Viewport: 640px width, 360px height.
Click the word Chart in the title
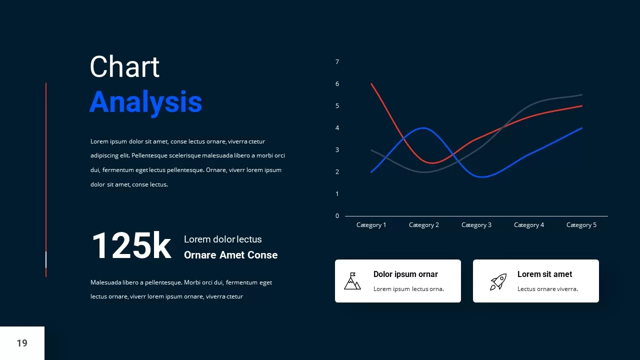pos(124,67)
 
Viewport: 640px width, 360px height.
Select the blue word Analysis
pos(145,102)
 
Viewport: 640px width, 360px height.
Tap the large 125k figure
pos(131,245)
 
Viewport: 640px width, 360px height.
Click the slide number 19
pos(22,343)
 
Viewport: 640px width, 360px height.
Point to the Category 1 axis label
pos(371,225)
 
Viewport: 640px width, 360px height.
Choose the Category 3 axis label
pos(476,225)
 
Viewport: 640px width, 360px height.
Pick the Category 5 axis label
pos(581,225)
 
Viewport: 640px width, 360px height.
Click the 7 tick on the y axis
pos(337,62)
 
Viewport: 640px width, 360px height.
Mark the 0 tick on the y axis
pos(337,216)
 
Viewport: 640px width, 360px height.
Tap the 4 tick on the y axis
pos(337,128)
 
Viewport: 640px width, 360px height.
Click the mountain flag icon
pos(352,281)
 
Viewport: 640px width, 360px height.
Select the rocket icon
pos(498,281)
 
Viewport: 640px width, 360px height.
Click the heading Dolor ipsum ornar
pos(405,274)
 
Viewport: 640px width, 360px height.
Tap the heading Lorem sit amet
pos(544,274)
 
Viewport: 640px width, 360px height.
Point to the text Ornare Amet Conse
pos(230,255)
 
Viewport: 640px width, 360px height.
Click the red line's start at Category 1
pos(371,84)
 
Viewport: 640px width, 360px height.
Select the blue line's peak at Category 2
pos(423,128)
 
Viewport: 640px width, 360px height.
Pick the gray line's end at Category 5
pos(581,95)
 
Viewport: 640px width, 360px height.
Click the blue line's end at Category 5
pos(581,128)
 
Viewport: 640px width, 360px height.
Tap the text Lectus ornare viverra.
pos(547,289)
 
